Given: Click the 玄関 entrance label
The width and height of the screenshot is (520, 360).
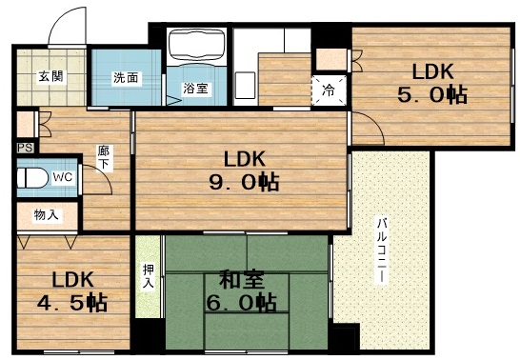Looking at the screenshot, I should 51,76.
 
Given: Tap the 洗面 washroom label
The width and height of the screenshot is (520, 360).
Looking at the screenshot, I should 126,77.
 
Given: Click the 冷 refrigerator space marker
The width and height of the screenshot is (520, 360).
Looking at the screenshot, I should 328,92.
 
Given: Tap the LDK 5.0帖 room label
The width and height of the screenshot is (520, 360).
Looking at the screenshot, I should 432,84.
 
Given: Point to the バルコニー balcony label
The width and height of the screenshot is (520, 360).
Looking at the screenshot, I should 380,250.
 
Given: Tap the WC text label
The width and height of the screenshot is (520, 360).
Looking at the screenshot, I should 63,177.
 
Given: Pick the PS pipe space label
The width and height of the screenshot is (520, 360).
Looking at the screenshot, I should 23,148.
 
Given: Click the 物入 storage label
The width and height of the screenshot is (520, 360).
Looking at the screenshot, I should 46,215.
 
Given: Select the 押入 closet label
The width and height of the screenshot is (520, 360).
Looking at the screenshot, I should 148,275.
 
